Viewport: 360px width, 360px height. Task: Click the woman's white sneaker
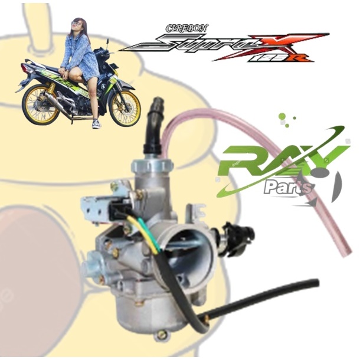(x=96, y=123)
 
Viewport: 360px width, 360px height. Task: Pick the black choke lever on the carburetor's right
(x=230, y=231)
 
